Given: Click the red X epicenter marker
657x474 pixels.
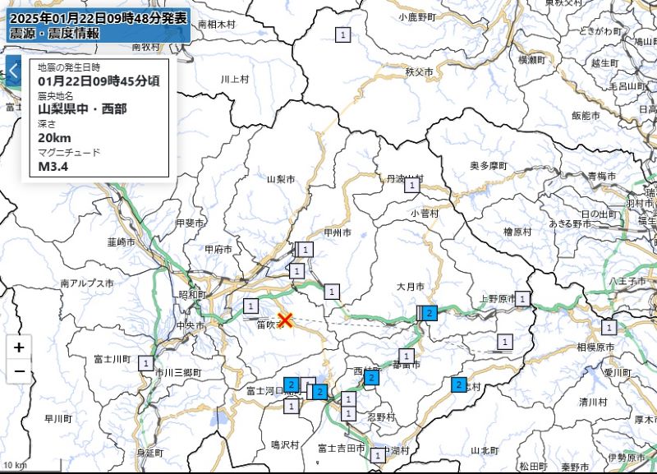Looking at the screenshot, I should pyautogui.click(x=285, y=320).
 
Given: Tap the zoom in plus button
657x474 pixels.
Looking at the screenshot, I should pyautogui.click(x=19, y=347).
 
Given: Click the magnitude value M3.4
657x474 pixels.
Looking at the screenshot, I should pyautogui.click(x=53, y=166).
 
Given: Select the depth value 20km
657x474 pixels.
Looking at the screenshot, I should pyautogui.click(x=55, y=136).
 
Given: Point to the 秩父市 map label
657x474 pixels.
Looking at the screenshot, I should pyautogui.click(x=419, y=72).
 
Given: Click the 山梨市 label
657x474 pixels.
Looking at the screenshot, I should pyautogui.click(x=280, y=178).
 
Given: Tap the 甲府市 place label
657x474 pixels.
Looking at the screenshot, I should pyautogui.click(x=218, y=249).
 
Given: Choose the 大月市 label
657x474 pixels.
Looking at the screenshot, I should pyautogui.click(x=410, y=287).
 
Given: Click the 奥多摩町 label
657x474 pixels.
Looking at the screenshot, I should pyautogui.click(x=489, y=165).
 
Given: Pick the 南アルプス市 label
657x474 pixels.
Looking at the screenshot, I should pyautogui.click(x=86, y=283).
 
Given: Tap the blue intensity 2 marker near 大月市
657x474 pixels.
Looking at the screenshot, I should pyautogui.click(x=430, y=312).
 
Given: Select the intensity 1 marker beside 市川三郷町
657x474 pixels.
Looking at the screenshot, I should pyautogui.click(x=146, y=362).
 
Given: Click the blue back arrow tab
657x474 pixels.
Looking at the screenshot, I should pyautogui.click(x=12, y=71).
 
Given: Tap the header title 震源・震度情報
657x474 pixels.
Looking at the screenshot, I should pyautogui.click(x=54, y=33).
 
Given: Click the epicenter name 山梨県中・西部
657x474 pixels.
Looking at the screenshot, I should pyautogui.click(x=82, y=108).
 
